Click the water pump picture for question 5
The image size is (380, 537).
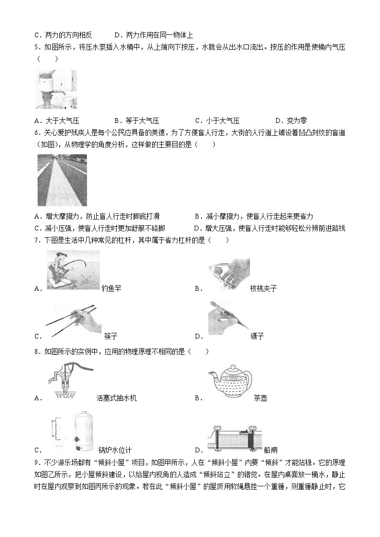pyautogui.click(x=56, y=89)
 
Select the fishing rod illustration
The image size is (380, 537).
pyautogui.click(x=73, y=271)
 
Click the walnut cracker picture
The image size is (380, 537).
pyautogui.click(x=228, y=274)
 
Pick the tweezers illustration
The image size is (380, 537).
pyautogui.click(x=228, y=318)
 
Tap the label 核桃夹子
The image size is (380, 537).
pyautogui.click(x=263, y=288)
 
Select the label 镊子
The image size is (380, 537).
pyautogui.click(x=257, y=336)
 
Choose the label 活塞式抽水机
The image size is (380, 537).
pyautogui.click(x=116, y=398)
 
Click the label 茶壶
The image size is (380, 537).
pyautogui.click(x=261, y=398)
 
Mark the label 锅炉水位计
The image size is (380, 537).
pyautogui.click(x=115, y=450)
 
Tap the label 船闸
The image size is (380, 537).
pyautogui.click(x=270, y=450)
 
